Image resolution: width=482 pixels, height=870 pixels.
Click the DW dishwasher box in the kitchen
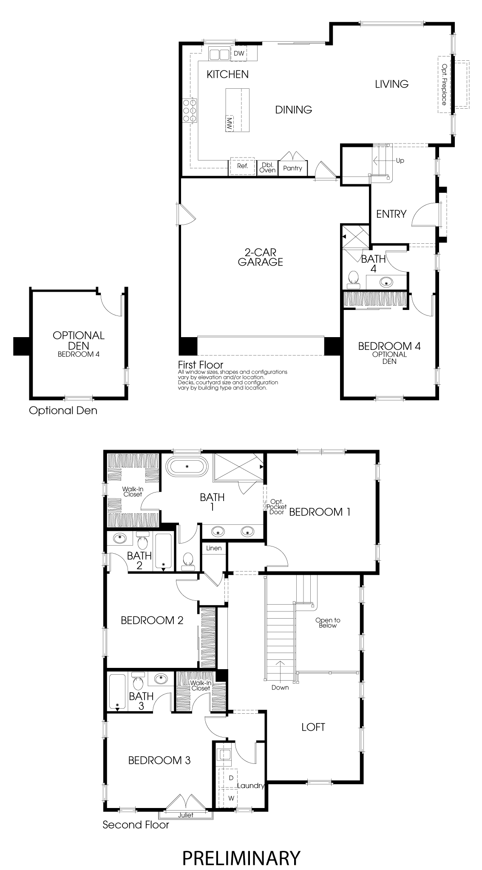tap(239, 53)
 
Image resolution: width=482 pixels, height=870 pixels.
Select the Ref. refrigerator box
tap(242, 166)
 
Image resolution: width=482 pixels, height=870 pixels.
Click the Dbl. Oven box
tap(268, 167)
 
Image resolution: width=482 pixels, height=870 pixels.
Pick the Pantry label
tap(292, 168)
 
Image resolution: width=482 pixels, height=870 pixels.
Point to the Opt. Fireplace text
tap(444, 84)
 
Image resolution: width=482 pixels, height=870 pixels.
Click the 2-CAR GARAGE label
tap(261, 257)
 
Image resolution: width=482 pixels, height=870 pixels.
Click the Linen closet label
tap(214, 548)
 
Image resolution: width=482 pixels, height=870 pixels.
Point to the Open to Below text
tap(328, 623)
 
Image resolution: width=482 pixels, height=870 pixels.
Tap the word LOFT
tap(313, 727)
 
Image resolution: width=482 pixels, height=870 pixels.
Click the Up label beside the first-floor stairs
tap(400, 160)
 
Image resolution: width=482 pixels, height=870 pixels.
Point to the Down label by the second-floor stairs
tap(280, 687)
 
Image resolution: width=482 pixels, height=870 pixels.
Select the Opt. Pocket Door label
tap(277, 507)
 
